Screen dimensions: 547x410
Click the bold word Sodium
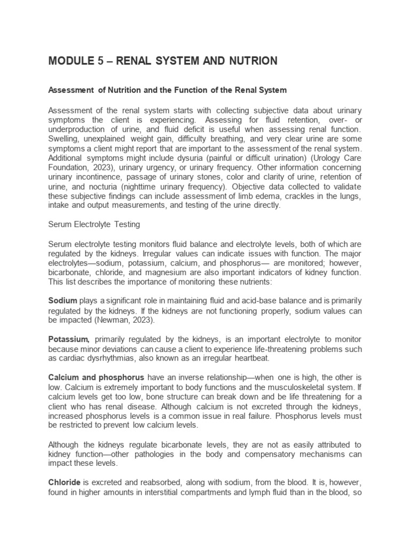[x=62, y=300]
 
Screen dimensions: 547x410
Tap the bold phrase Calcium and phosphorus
[x=96, y=377]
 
